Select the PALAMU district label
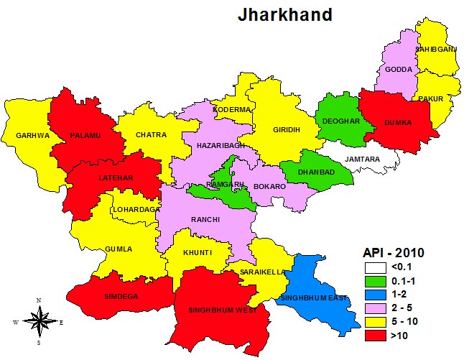pyautogui.click(x=85, y=134)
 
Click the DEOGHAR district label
pyautogui.click(x=340, y=121)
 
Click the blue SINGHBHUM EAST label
pyautogui.click(x=315, y=297)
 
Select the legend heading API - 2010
pyautogui.click(x=393, y=252)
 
